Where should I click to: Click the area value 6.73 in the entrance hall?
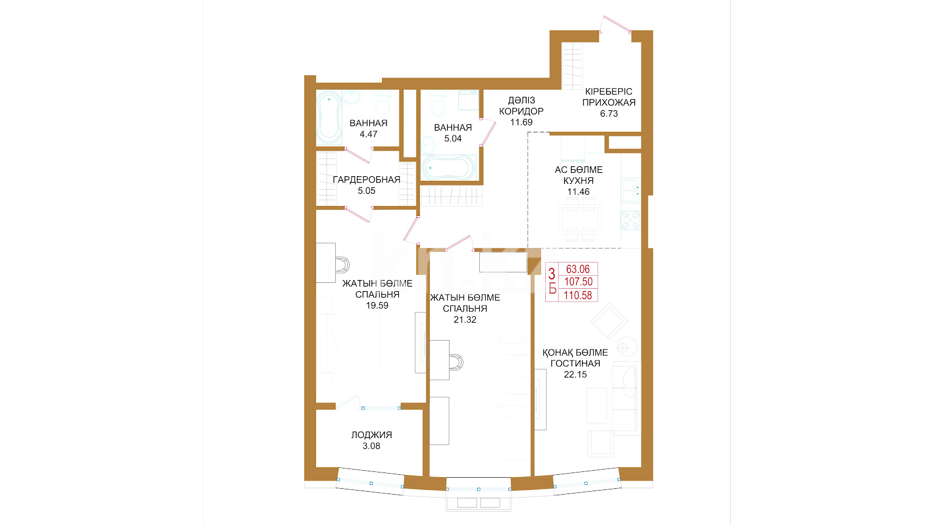[x=609, y=114]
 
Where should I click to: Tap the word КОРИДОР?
[x=521, y=111]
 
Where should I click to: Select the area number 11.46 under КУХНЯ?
[x=578, y=192]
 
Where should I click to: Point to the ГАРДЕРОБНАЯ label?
[x=366, y=180]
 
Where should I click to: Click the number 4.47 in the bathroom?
[x=368, y=134]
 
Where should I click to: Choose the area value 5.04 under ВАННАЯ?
[x=453, y=139]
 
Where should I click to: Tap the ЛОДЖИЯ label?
[x=371, y=435]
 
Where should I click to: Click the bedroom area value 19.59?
[x=377, y=306]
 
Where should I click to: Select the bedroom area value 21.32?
[x=465, y=320]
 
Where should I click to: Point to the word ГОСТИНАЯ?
[x=575, y=363]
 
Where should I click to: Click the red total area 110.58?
[x=578, y=295]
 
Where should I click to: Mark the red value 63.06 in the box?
[x=578, y=269]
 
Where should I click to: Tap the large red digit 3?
[x=552, y=274]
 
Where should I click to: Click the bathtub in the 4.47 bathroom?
[x=329, y=117]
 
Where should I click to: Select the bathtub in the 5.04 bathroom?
[x=448, y=168]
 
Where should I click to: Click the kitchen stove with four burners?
[x=630, y=220]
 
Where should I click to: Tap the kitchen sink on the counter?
[x=630, y=190]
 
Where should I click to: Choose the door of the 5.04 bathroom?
[x=487, y=132]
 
